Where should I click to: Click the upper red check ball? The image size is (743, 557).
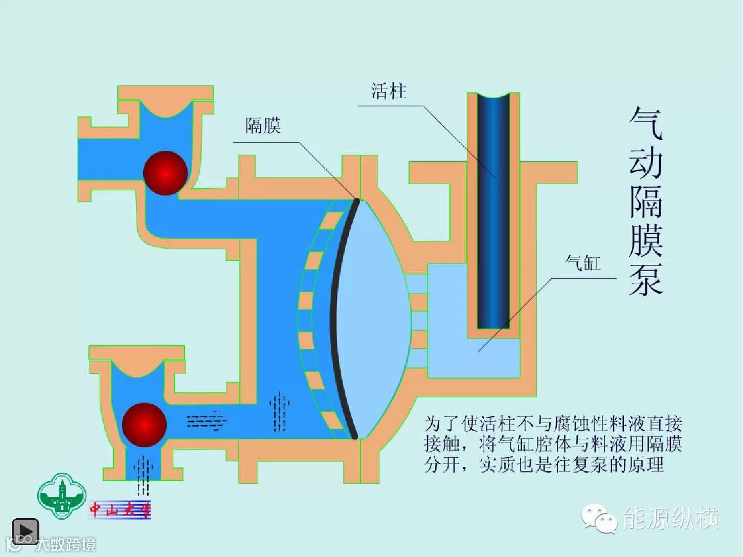pyautogui.click(x=165, y=173)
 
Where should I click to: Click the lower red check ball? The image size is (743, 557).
pyautogui.click(x=144, y=425)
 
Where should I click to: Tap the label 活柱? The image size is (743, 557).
pyautogui.click(x=389, y=92)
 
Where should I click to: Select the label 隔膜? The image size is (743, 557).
pyautogui.click(x=263, y=125)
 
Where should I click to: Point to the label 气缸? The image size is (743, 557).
pyautogui.click(x=583, y=263)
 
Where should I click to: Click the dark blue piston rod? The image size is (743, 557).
pyautogui.click(x=493, y=210)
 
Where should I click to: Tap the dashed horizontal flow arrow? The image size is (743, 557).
pyautogui.click(x=207, y=420)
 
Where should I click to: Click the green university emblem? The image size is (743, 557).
pyautogui.click(x=62, y=496)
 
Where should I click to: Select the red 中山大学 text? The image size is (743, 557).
pyautogui.click(x=121, y=509)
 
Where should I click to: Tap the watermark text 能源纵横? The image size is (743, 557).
pyautogui.click(x=670, y=519)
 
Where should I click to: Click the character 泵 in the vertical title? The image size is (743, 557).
pyautogui.click(x=645, y=279)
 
